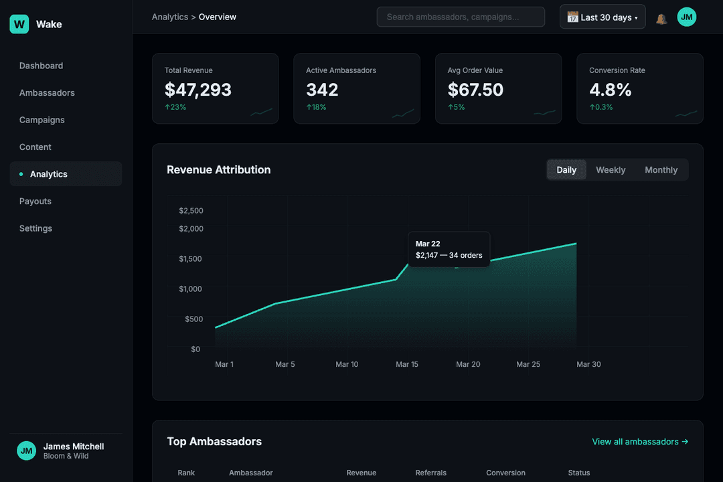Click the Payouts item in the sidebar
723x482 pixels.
(x=35, y=201)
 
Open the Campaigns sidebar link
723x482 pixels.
(x=42, y=120)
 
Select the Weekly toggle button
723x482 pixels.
(x=611, y=170)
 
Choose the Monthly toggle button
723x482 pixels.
(x=661, y=170)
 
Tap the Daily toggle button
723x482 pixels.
(x=566, y=170)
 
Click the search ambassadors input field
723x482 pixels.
(x=461, y=17)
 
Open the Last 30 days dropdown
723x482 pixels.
(x=602, y=17)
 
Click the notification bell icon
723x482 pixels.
(x=661, y=18)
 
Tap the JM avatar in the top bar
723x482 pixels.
(x=687, y=17)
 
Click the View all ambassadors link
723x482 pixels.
(x=640, y=442)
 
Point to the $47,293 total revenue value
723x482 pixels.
(x=198, y=90)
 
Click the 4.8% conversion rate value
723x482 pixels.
(x=611, y=90)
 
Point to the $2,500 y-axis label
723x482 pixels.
(x=191, y=210)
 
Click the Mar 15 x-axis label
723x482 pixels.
(x=407, y=364)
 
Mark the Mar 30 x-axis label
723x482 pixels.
(x=588, y=364)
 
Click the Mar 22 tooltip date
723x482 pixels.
(x=428, y=244)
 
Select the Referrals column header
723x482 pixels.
(x=430, y=473)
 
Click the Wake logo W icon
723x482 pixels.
(x=19, y=24)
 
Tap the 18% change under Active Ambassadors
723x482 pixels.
(x=316, y=107)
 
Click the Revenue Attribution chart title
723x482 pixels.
(x=219, y=170)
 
